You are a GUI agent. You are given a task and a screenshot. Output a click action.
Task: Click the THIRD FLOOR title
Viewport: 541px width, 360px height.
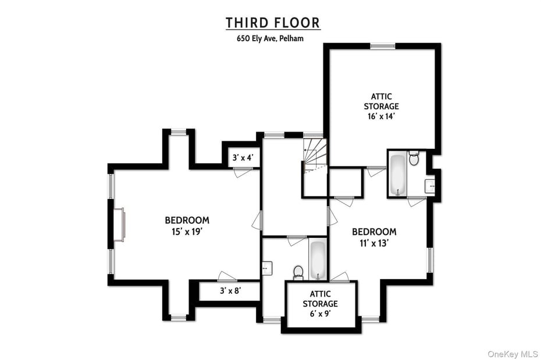273,23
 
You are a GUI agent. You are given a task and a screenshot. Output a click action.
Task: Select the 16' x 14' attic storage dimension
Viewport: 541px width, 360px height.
381,116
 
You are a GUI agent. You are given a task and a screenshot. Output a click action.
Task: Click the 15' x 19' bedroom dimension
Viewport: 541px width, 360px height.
187,231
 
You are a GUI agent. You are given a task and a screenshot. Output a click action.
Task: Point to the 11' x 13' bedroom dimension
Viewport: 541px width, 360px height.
374,243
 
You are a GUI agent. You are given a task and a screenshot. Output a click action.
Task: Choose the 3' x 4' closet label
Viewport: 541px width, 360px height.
243,158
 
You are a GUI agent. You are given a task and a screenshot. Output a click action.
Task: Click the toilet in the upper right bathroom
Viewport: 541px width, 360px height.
414,158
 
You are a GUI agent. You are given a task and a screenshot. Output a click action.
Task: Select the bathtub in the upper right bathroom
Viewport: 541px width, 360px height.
398,173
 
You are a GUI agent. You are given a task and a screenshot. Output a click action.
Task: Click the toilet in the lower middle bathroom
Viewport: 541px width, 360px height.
298,272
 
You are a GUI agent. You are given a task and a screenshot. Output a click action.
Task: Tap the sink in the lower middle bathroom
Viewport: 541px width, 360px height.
267,268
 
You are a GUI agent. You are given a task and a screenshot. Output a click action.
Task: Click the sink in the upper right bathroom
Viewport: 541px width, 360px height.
430,186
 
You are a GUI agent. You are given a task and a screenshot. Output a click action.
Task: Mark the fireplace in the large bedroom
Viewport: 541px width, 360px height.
119,224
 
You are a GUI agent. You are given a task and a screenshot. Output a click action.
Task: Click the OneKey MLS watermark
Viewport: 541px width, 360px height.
512,354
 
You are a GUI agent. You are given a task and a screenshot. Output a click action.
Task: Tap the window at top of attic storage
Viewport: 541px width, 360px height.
383,46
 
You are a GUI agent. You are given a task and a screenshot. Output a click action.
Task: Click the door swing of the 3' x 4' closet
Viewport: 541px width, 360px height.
242,172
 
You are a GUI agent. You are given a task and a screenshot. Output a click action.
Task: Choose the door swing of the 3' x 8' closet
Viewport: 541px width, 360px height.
227,277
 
